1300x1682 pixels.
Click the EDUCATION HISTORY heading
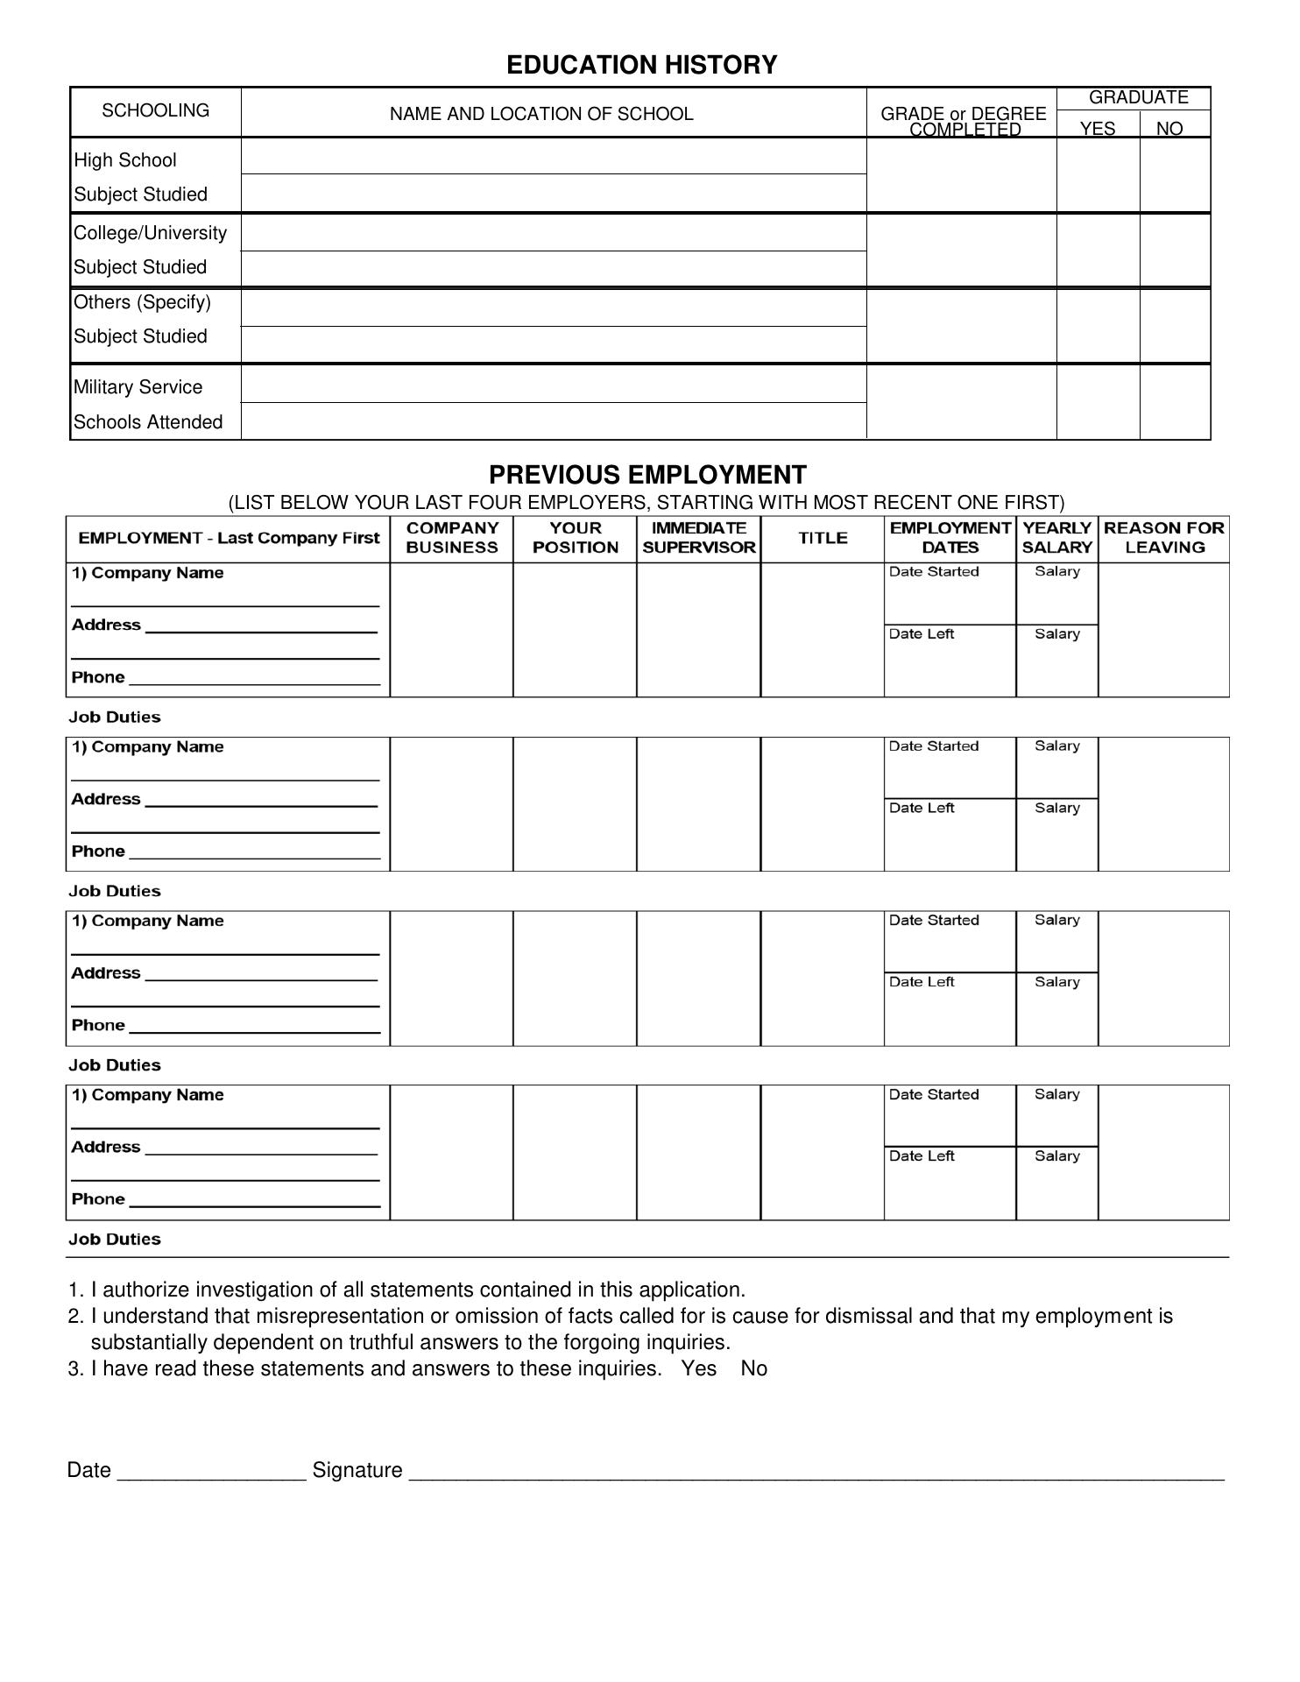tap(641, 65)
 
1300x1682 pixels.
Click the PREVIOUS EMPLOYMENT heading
tap(647, 475)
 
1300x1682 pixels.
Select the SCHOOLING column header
tap(156, 110)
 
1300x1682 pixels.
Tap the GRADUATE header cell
tap(1138, 97)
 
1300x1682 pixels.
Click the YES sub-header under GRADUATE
tap(1097, 129)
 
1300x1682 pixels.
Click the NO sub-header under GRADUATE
tap(1169, 129)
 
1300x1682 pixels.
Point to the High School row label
tap(125, 160)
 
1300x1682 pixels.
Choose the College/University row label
tap(150, 233)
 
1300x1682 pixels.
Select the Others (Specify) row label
tap(142, 302)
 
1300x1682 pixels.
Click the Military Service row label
tap(138, 387)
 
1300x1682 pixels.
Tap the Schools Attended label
tap(148, 422)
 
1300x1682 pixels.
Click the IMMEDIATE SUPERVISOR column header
tap(698, 538)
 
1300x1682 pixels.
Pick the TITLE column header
tap(823, 538)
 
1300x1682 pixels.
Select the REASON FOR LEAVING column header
tap(1163, 538)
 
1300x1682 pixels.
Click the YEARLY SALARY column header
tap(1056, 538)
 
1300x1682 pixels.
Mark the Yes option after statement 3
tap(699, 1368)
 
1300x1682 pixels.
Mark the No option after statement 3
tap(753, 1368)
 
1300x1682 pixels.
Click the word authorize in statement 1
tap(146, 1290)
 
